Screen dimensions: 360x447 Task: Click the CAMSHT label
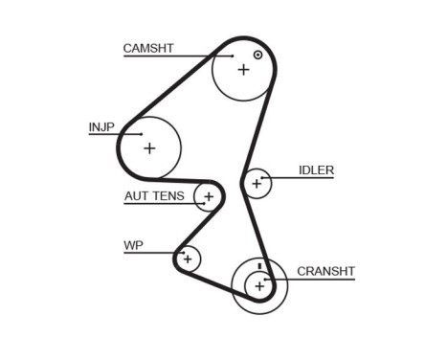click(x=147, y=47)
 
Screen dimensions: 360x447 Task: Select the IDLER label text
click(x=316, y=170)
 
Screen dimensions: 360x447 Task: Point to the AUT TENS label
click(x=154, y=196)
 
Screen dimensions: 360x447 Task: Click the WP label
click(x=132, y=245)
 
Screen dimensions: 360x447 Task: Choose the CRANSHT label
click(x=325, y=271)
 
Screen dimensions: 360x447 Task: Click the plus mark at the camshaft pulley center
click(x=243, y=69)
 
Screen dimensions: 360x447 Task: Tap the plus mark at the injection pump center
click(x=149, y=147)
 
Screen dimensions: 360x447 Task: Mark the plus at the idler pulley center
click(x=256, y=182)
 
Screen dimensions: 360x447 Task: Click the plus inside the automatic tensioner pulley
click(x=208, y=197)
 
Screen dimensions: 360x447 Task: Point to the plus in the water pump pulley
click(x=188, y=258)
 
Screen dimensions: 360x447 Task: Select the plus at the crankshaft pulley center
click(x=259, y=285)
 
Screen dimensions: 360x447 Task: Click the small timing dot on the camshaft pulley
click(x=257, y=55)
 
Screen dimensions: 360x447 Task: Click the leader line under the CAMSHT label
click(x=172, y=56)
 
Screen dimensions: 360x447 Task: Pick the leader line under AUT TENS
click(x=163, y=205)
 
